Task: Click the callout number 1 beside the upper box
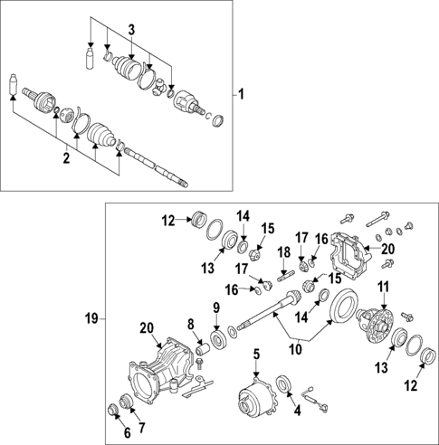(x=242, y=93)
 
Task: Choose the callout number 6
(x=113, y=433)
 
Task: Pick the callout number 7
(x=139, y=425)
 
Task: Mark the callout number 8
(x=191, y=323)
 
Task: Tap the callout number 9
(x=215, y=308)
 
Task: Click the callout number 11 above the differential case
(x=382, y=288)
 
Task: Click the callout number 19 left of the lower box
(x=91, y=318)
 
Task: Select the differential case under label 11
(x=378, y=322)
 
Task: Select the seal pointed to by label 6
(x=115, y=412)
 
